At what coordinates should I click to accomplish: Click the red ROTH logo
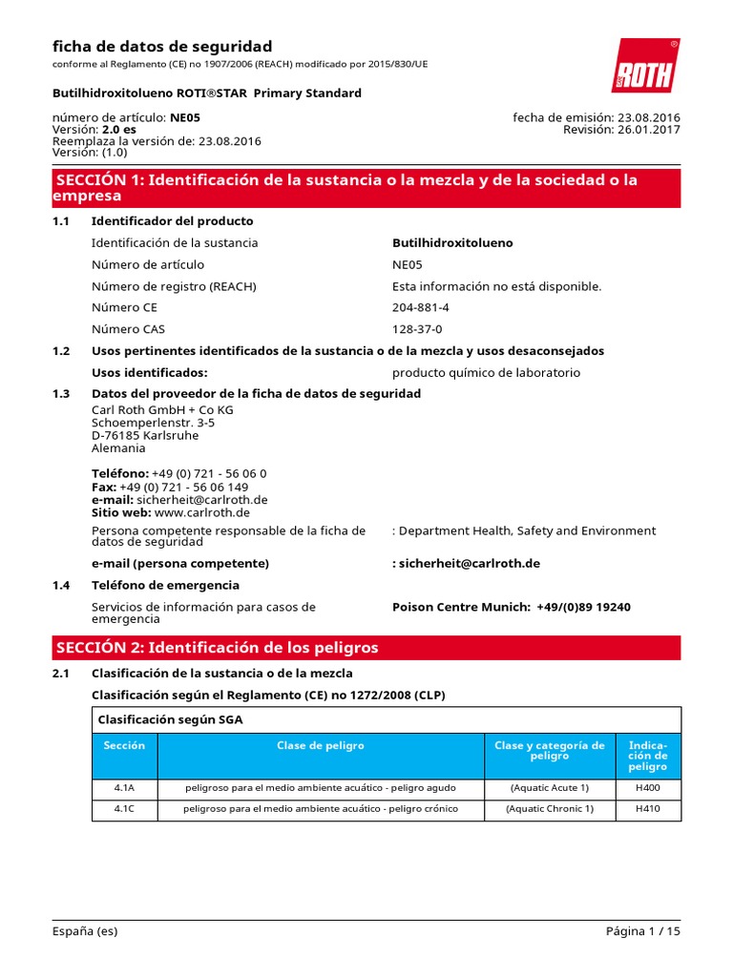pos(645,65)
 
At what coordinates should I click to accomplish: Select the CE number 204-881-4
pos(421,307)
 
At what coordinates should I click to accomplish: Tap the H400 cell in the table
pos(646,788)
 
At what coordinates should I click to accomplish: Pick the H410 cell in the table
pos(646,809)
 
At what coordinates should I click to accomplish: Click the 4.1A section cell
pos(124,788)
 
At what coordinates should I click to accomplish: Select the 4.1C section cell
pos(124,809)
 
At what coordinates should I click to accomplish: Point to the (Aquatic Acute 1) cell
pos(549,788)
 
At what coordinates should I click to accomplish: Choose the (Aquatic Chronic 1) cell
pos(549,809)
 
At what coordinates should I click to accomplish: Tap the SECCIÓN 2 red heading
pos(218,648)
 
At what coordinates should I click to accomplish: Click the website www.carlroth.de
pos(196,512)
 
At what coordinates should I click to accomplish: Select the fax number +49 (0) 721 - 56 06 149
pos(183,487)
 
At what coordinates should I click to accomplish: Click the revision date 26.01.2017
pos(649,130)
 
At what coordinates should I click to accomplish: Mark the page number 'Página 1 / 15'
pos(643,932)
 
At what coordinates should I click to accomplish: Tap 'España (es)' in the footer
pos(85,932)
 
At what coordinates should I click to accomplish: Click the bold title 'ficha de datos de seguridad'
pos(161,47)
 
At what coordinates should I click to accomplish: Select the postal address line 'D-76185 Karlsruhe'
pos(145,435)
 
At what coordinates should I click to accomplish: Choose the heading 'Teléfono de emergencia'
pos(165,585)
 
